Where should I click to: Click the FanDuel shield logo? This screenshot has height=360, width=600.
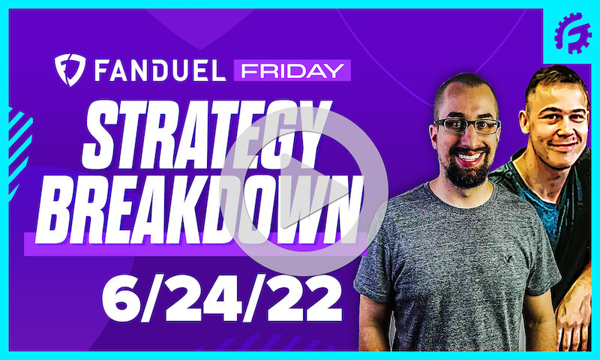(70, 70)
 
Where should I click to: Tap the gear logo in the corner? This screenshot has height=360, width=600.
(572, 34)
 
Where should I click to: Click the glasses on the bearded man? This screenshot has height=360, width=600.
(466, 124)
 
